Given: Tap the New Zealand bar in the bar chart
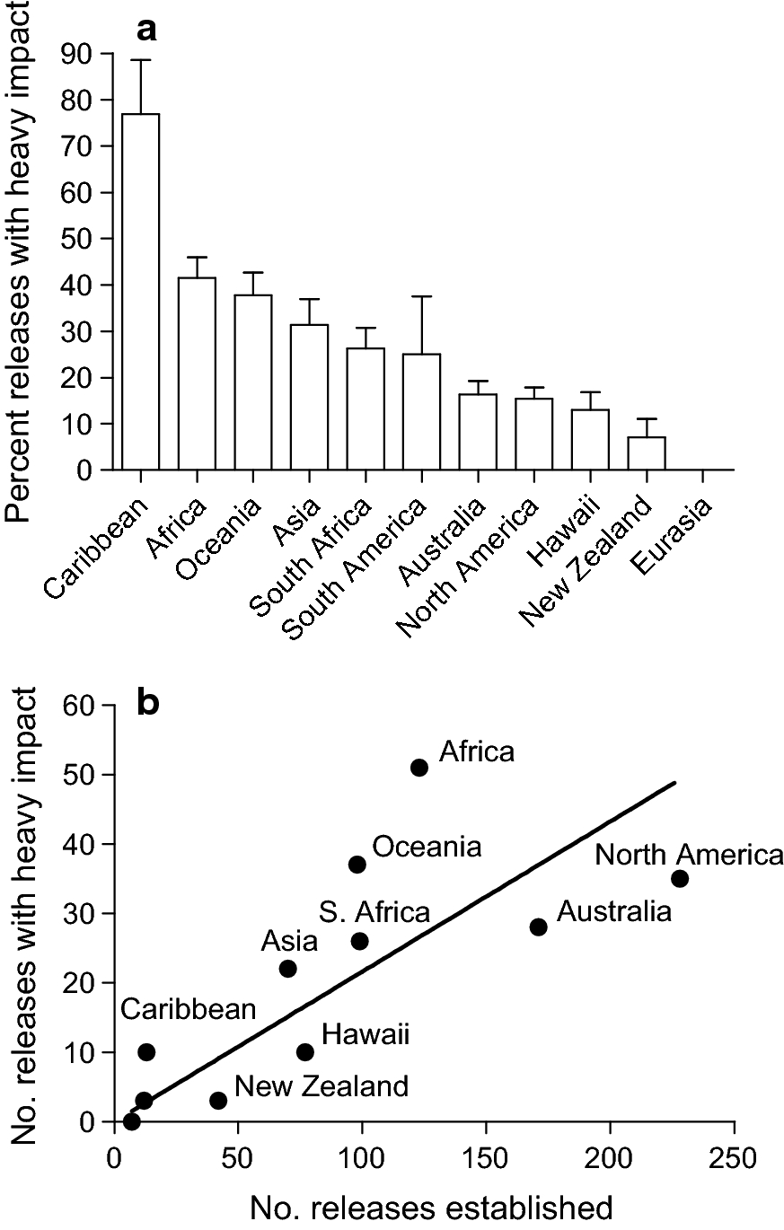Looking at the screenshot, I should point(647,452).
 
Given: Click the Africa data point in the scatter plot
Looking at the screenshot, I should point(419,767).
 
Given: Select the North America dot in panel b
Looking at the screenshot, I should point(680,878).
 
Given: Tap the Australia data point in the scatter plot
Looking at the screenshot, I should point(539,927).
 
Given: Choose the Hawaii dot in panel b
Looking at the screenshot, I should point(305,1051).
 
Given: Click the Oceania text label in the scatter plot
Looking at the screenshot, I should point(427,847).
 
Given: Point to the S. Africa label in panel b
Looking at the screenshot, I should point(374,913).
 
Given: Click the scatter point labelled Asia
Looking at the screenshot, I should point(288,968).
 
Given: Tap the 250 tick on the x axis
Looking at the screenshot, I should point(735,1153).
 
